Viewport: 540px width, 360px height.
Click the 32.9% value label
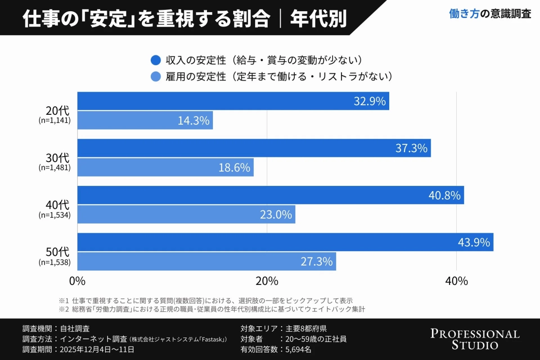coord(369,101)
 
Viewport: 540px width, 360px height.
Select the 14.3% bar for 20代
coord(145,121)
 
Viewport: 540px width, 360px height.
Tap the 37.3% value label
coord(411,148)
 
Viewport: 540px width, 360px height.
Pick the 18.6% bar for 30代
coord(165,167)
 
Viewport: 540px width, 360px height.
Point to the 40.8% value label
coord(444,195)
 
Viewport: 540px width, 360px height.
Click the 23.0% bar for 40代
coord(186,215)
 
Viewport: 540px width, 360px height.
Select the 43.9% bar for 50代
coord(285,242)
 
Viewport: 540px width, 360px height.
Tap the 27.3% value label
coord(316,261)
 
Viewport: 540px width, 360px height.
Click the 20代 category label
coord(58,111)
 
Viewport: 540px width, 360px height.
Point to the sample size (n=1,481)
coord(54,167)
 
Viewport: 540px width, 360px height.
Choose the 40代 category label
coord(58,205)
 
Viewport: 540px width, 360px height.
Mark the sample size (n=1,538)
coord(54,262)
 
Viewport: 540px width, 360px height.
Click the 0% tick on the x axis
coord(77,281)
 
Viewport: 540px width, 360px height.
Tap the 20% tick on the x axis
coord(267,281)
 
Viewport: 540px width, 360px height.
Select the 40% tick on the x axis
coord(456,281)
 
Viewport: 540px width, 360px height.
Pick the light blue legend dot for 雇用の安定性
coord(156,76)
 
